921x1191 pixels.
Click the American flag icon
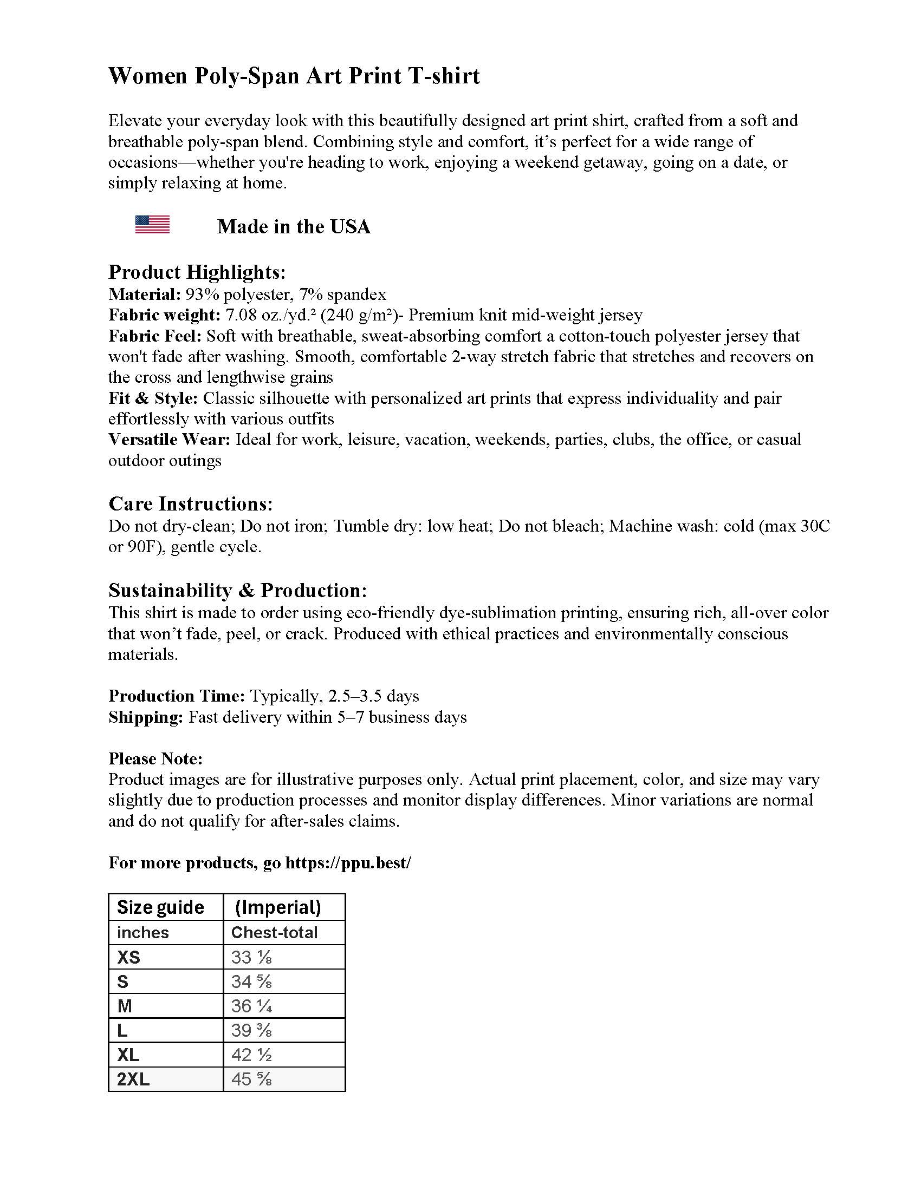[152, 224]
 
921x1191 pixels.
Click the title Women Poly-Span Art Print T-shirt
[294, 76]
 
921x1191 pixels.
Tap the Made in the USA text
[294, 227]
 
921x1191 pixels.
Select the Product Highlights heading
[197, 272]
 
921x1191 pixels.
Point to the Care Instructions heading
[190, 503]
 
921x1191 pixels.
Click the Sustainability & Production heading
[238, 591]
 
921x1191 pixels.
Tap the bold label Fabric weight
[164, 315]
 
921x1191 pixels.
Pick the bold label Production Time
[177, 696]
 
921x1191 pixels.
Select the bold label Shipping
[146, 717]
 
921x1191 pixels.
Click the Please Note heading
[155, 758]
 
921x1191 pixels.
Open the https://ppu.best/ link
[348, 863]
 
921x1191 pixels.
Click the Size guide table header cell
[160, 907]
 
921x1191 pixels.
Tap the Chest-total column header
[275, 933]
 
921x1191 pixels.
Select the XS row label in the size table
[129, 957]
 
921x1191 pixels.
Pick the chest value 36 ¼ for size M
[251, 1006]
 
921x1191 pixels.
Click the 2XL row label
[133, 1079]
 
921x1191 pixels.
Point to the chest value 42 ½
[251, 1055]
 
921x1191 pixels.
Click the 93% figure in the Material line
[202, 295]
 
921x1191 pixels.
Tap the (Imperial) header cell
[278, 907]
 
